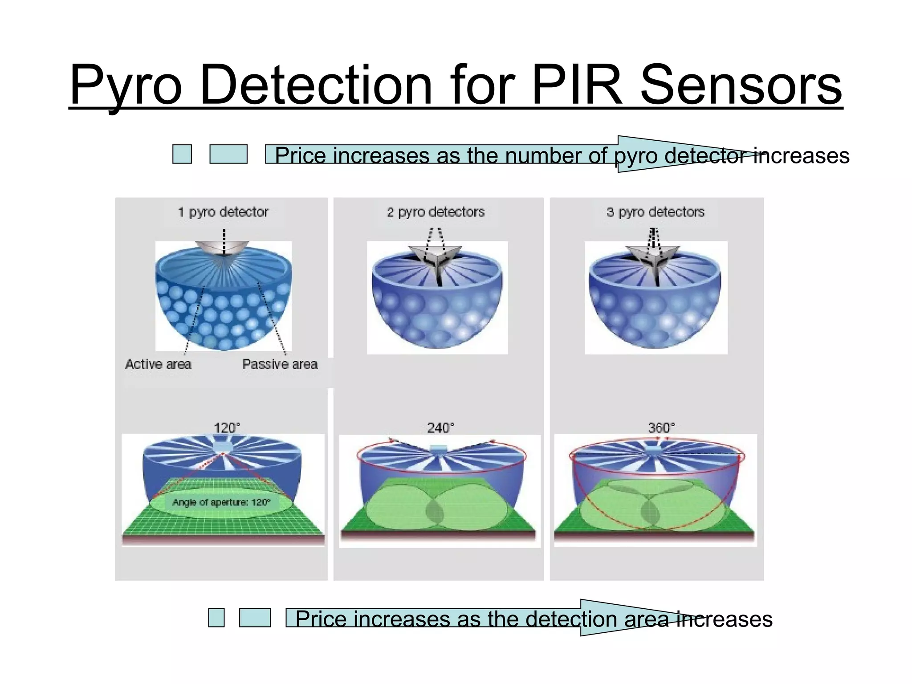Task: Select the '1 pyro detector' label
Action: pos(223,212)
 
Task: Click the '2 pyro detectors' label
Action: pos(436,212)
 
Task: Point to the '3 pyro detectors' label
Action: pos(655,212)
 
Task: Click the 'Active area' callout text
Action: pos(158,364)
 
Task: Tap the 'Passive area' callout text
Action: pos(280,364)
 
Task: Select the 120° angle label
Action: pos(227,428)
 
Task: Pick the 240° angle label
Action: pos(440,428)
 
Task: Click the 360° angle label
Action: pos(661,428)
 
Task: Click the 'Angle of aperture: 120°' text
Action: pos(221,502)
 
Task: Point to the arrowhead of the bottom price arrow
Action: pos(632,618)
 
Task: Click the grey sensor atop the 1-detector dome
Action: pos(222,248)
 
